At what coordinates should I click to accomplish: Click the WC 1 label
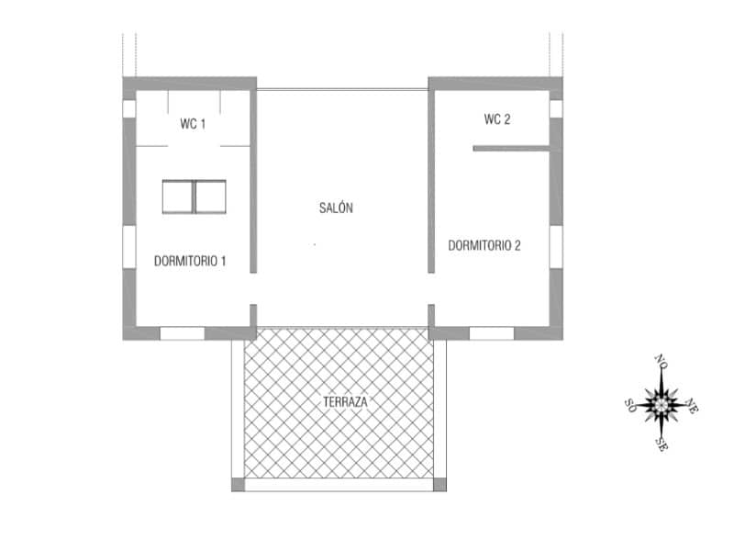point(193,123)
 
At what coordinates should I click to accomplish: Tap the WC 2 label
point(496,119)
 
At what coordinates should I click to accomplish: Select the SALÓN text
point(337,208)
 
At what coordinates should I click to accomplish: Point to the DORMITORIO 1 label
point(190,262)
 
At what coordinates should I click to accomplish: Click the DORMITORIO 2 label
point(484,245)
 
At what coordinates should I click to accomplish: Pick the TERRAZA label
point(346,402)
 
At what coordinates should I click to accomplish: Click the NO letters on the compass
point(660,360)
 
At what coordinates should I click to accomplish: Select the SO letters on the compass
point(630,404)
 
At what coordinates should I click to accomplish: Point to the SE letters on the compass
point(662,444)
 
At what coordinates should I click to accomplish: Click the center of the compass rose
point(661,402)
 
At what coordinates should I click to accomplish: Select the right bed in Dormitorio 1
point(211,197)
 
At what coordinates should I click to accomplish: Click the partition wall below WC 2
point(510,148)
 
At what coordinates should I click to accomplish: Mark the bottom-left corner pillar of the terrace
point(238,484)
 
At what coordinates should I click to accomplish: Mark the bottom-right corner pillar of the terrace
point(439,484)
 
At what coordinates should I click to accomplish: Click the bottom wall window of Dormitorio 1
point(182,333)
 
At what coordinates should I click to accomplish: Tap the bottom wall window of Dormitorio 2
point(491,333)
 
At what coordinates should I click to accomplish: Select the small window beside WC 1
point(129,108)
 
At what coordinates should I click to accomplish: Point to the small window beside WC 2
point(556,108)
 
